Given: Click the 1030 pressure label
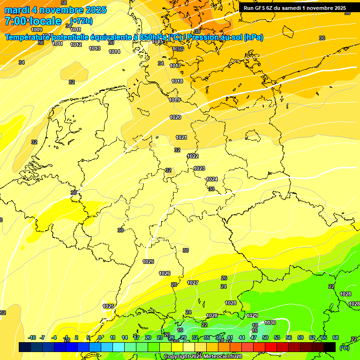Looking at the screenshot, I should [270, 322].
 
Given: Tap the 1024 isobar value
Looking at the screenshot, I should [212, 179].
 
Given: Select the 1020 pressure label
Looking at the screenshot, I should [175, 117].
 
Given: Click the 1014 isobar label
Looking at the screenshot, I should [114, 52].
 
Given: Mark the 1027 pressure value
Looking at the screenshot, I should [193, 283].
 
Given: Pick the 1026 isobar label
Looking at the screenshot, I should [165, 273].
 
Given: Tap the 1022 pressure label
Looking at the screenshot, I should [193, 156].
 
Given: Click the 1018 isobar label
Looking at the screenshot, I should [177, 81].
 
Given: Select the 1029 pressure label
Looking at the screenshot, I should [252, 315].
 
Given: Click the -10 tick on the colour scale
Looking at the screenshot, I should [32, 337].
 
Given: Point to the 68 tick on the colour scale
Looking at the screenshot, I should [335, 337].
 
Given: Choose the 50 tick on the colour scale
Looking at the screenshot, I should [265, 337].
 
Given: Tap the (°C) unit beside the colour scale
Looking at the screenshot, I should [345, 347].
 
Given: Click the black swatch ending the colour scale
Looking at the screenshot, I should [330, 347].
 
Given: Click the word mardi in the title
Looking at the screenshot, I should [17, 10].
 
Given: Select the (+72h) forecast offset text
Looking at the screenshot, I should [82, 21].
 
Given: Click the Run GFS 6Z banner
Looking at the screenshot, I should [295, 8].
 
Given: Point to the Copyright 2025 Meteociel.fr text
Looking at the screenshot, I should [202, 357].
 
